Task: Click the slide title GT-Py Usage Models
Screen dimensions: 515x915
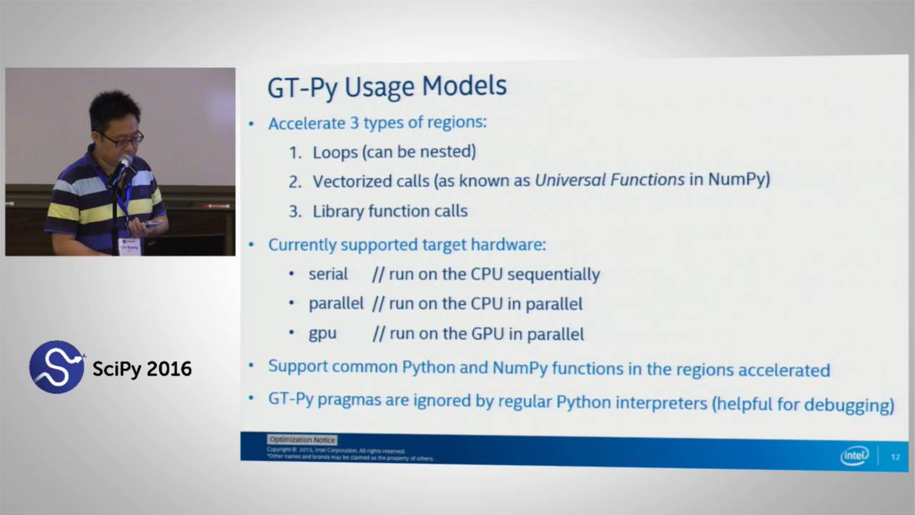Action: coord(387,87)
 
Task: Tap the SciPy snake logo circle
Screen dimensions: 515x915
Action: coord(56,367)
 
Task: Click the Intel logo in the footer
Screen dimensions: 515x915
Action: coord(854,456)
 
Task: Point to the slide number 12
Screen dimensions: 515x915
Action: coord(895,457)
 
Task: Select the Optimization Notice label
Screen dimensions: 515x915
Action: coord(302,440)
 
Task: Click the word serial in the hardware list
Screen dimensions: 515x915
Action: coord(328,274)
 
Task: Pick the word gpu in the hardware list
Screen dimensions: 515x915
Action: coord(322,333)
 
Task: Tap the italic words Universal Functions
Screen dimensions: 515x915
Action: coord(610,180)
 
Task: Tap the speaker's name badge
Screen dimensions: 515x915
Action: coord(130,245)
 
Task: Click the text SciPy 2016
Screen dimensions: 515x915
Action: coord(142,369)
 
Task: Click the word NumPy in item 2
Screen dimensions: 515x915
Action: coord(738,179)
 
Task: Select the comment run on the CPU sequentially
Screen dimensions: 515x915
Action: coord(486,274)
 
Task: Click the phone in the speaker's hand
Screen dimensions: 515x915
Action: coord(152,224)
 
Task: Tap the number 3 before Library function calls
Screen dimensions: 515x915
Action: coord(294,211)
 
